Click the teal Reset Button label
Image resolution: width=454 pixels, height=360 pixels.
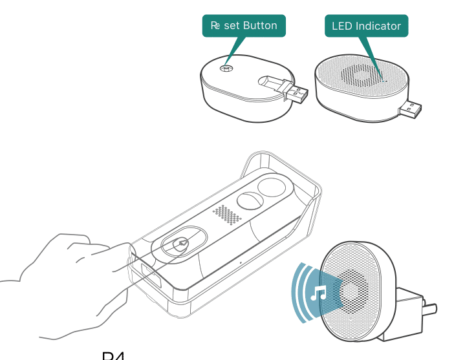[244, 26]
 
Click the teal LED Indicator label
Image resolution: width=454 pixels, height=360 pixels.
[366, 26]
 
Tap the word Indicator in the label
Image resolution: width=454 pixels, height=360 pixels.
[380, 26]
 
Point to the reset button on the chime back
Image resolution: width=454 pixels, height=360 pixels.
[226, 68]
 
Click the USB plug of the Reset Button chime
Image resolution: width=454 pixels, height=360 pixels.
[294, 92]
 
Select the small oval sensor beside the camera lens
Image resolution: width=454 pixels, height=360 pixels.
[249, 200]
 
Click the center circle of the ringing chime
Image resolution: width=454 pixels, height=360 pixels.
[351, 291]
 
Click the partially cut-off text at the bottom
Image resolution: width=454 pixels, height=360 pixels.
[113, 355]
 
